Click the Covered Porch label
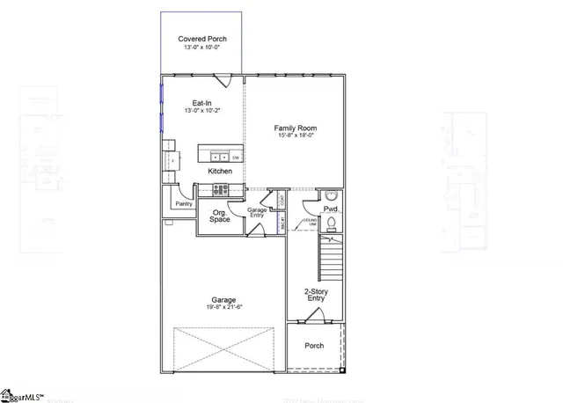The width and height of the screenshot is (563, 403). point(201,39)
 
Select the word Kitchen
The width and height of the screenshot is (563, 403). point(220,171)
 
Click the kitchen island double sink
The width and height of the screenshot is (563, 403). point(214,157)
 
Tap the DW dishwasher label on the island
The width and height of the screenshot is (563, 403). point(236,158)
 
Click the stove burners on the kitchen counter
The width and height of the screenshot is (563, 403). point(219,188)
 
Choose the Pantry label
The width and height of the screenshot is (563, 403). point(183,203)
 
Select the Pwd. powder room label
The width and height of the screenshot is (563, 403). point(331,209)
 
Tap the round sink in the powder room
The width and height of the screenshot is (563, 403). point(332,196)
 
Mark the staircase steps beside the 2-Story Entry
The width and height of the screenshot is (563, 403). point(331,259)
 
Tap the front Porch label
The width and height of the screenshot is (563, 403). point(314,346)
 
